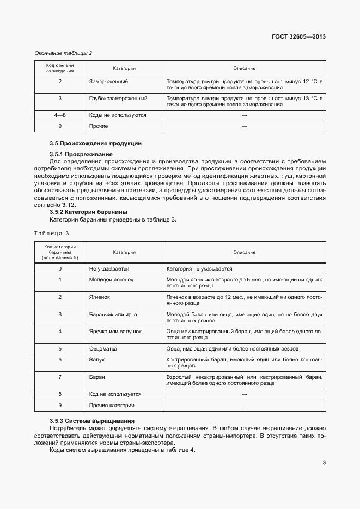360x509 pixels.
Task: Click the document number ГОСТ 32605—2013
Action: tap(298, 37)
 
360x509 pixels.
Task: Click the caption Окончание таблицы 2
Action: tap(63, 53)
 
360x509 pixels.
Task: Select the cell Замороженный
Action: tap(108, 82)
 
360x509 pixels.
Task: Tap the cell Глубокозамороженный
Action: tap(118, 99)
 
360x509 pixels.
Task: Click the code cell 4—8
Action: tap(60, 115)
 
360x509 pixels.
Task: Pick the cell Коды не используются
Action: tap(117, 115)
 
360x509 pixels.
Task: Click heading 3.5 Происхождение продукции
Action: tap(95, 143)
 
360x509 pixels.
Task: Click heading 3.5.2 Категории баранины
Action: tap(88, 212)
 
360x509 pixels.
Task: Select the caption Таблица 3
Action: tap(52, 233)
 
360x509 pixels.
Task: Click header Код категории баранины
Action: tap(60, 252)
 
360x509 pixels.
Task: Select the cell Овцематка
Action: tap(103, 348)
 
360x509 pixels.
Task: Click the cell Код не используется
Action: tap(114, 394)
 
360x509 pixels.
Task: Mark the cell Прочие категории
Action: tap(111, 406)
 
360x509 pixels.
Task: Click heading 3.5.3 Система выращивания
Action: tap(91, 421)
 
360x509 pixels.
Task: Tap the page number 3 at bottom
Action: tap(324, 463)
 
